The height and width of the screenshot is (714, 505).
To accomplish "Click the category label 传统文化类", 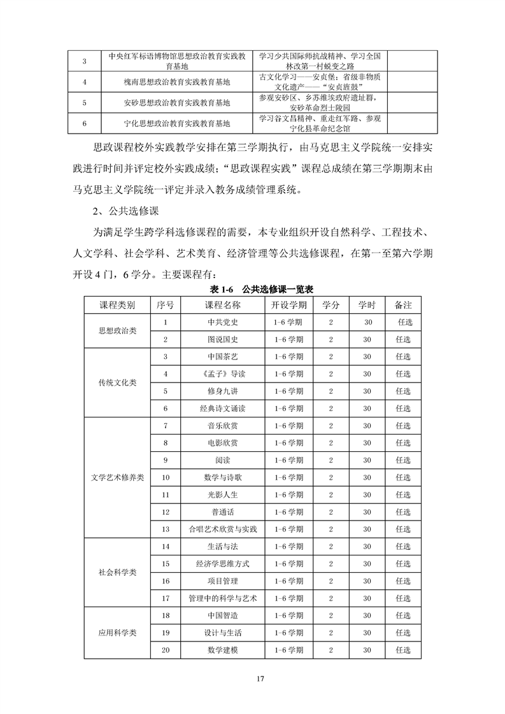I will [118, 382].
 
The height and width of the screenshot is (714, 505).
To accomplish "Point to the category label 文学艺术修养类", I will [118, 477].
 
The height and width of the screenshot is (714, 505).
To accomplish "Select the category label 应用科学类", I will [118, 633].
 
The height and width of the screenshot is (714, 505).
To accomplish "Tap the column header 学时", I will [367, 305].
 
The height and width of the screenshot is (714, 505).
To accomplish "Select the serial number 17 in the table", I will [166, 598].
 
